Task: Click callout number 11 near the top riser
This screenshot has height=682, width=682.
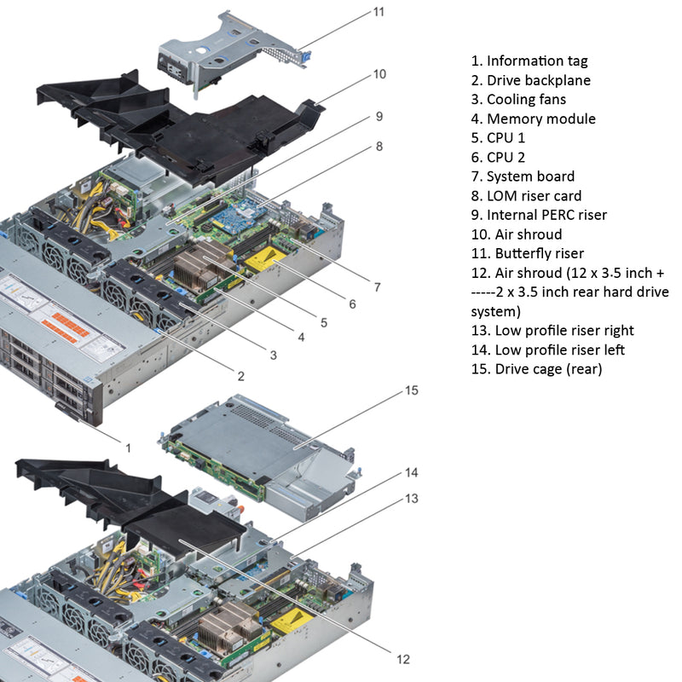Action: click(x=379, y=12)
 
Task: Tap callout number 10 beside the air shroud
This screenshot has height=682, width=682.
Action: click(x=379, y=74)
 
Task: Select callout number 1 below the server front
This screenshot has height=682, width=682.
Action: click(x=129, y=447)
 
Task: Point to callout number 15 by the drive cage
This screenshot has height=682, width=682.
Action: click(x=412, y=390)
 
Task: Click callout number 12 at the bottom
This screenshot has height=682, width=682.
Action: click(x=402, y=659)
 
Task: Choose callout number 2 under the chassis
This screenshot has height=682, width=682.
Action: click(x=241, y=375)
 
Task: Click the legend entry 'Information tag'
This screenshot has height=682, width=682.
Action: click(x=529, y=61)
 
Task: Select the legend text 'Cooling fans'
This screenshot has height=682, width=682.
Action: click(x=521, y=100)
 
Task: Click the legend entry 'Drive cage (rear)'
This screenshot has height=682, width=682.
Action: click(x=536, y=369)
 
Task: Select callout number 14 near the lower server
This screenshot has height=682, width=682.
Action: click(x=412, y=471)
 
